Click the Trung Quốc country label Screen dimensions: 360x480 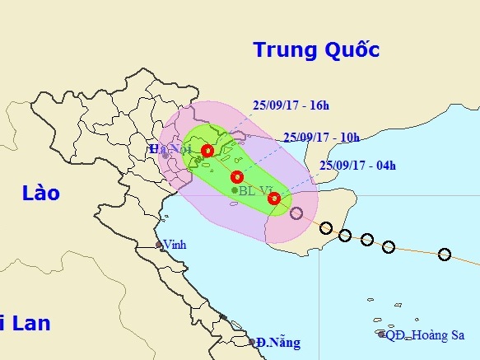click(316, 50)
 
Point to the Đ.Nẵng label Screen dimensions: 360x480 click(278, 342)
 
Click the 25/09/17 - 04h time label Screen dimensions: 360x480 click(357, 166)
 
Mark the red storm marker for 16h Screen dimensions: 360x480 click(207, 151)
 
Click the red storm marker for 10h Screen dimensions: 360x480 click(238, 176)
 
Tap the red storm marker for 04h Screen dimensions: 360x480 click(274, 199)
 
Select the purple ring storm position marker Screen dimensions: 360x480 click(296, 213)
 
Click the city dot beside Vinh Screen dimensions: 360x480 click(160, 245)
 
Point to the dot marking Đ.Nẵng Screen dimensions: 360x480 click(251, 342)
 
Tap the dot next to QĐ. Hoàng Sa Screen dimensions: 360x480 click(381, 334)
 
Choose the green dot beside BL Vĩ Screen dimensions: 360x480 click(235, 191)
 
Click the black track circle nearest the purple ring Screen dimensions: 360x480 click(326, 227)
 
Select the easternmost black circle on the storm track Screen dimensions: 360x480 click(445, 254)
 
